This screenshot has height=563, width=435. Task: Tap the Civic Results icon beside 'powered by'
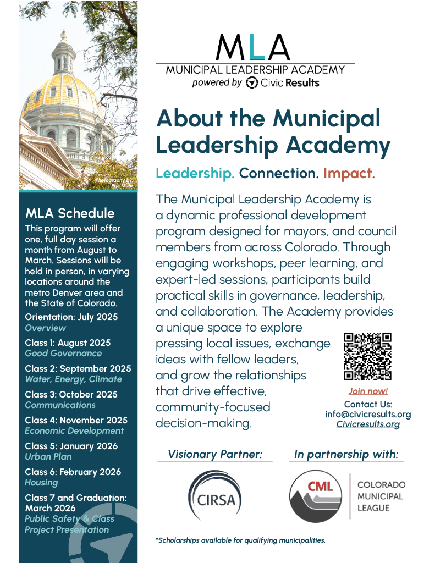(252, 82)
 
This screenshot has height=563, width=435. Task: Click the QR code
(367, 356)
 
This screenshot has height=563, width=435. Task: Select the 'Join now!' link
(367, 391)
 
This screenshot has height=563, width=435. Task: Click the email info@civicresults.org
(367, 415)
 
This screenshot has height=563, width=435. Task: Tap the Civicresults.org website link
(367, 424)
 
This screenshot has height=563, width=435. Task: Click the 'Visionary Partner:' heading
(214, 455)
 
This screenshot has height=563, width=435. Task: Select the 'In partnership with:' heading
(346, 455)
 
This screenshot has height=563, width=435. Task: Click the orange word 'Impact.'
(349, 174)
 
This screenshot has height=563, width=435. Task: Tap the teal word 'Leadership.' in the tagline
(195, 174)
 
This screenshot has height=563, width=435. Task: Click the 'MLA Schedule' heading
(70, 213)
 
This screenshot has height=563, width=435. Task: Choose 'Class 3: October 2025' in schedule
(71, 394)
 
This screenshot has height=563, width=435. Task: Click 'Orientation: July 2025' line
(71, 317)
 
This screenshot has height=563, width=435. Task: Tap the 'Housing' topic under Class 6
(41, 482)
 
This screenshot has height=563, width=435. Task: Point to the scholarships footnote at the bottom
(240, 540)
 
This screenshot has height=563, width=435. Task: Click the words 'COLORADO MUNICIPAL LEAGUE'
(381, 496)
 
